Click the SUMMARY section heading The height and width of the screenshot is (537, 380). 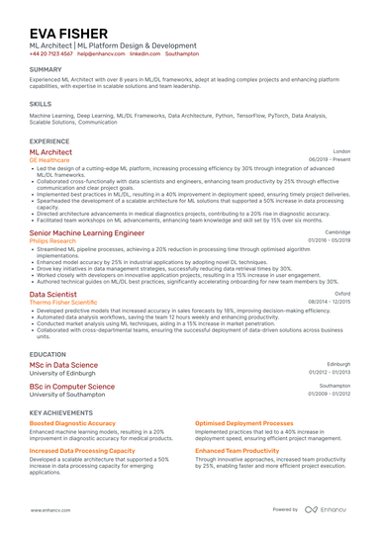pos(46,71)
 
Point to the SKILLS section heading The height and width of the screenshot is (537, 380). pos(41,103)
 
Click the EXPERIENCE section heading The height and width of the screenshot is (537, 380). pos(49,141)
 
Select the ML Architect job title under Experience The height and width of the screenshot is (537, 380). pos(50,152)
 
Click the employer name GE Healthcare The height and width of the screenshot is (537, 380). pos(48,160)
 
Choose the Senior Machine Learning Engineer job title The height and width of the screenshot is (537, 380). pos(86,232)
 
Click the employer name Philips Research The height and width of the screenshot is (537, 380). pos(53,240)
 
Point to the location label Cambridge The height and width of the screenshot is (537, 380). pos(337,231)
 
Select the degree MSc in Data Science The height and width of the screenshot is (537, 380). pos(63,365)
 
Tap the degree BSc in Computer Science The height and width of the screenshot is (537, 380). pos(71,387)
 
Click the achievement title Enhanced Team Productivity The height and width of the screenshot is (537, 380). pos(237,450)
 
